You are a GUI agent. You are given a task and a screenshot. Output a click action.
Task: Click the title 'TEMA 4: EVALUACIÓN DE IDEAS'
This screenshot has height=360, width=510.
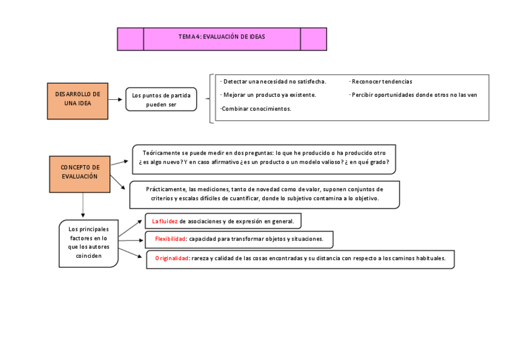tap(222, 37)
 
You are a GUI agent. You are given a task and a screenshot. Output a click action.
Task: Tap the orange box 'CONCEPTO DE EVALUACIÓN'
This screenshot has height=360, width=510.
tap(80, 172)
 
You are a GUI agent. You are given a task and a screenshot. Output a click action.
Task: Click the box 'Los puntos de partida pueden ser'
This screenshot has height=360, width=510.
tap(161, 100)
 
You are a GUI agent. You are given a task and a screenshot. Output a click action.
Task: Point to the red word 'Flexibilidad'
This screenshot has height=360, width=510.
tap(170, 239)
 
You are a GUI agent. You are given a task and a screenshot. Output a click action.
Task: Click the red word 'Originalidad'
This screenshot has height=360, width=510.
tap(172, 258)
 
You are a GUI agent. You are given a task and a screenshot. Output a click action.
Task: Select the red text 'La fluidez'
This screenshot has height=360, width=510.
tap(165, 221)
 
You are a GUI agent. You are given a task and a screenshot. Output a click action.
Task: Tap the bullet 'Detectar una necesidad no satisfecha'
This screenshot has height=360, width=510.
tap(274, 81)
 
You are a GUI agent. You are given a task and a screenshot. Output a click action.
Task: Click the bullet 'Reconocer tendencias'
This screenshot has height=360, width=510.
tap(381, 81)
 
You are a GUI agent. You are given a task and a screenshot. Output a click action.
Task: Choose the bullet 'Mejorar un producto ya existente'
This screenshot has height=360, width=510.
tap(269, 95)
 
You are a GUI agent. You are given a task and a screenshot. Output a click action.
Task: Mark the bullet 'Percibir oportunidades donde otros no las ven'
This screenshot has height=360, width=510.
tap(414, 95)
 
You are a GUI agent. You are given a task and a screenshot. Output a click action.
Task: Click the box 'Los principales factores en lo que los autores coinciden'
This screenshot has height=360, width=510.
tap(88, 242)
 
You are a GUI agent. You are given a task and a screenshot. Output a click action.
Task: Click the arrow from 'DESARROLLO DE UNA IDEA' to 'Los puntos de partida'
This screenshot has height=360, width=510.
tap(117, 100)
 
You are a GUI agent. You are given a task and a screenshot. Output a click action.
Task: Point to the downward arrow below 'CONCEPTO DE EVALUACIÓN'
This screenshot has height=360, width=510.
tap(82, 206)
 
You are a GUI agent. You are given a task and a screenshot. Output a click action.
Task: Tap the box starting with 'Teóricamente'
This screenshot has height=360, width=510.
tap(263, 158)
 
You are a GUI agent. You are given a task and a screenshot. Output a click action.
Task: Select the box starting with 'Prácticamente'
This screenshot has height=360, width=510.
tap(264, 194)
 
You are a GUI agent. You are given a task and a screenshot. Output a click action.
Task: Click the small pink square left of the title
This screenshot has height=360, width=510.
tap(131, 39)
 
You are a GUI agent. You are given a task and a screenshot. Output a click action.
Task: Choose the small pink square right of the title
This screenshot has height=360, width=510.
tap(313, 39)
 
